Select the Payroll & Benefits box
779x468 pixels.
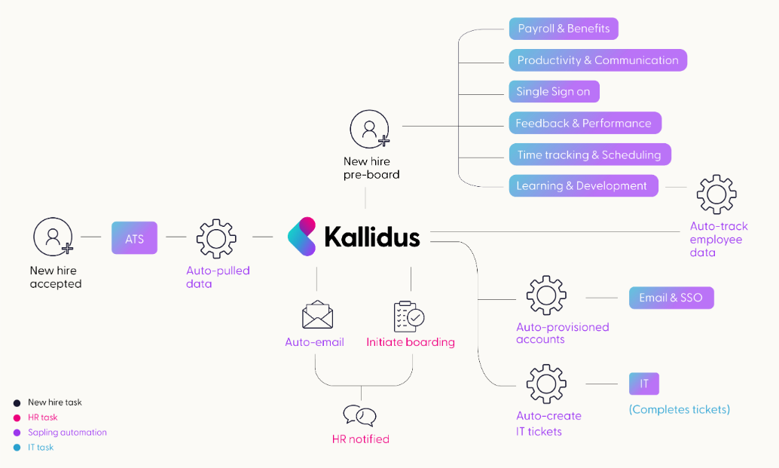coord(563,29)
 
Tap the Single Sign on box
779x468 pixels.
coord(553,91)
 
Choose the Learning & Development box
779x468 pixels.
coord(582,185)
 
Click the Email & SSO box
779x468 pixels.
coord(671,297)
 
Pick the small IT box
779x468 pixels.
coord(644,384)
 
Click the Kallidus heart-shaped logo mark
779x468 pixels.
coord(301,237)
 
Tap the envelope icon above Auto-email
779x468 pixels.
coord(317,316)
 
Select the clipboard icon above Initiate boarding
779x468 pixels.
coord(409,316)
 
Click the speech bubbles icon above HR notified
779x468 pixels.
coord(359,416)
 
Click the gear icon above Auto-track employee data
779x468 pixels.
coord(716,194)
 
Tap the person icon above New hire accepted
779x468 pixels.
coord(52,237)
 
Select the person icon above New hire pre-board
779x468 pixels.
coord(369,129)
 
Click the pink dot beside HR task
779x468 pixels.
coord(17,418)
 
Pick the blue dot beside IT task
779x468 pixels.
coord(17,448)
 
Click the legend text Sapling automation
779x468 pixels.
coord(67,433)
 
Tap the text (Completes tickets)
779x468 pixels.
coord(680,409)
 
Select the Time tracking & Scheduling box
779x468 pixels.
coord(588,154)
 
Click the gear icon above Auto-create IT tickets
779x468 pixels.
coord(546,384)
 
